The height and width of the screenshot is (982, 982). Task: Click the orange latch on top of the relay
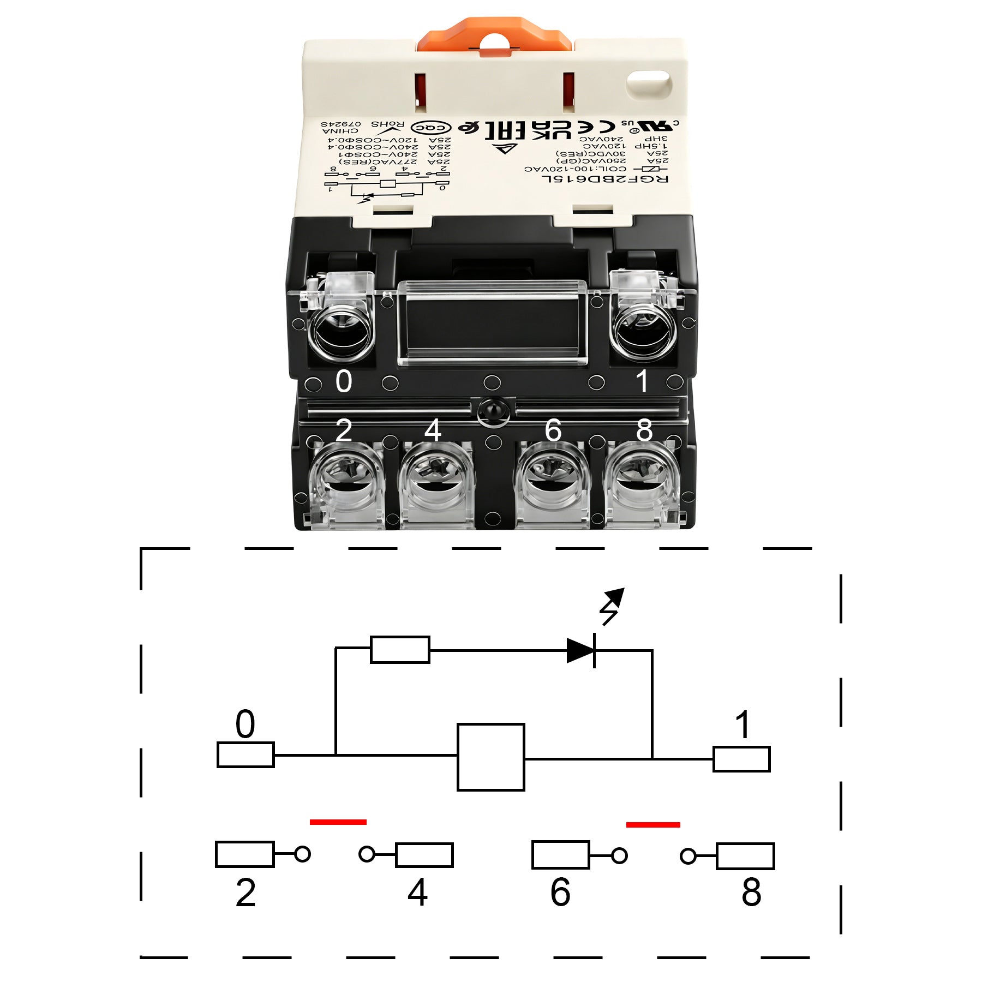click(494, 35)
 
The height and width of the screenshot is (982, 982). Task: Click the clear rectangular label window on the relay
click(493, 322)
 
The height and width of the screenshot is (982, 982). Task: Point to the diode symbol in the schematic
click(581, 650)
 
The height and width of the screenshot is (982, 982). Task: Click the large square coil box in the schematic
click(490, 757)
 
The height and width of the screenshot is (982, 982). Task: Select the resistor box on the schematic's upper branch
click(400, 649)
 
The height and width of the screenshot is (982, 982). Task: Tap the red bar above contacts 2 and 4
click(338, 822)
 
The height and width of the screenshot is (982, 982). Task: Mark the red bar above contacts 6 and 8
click(653, 824)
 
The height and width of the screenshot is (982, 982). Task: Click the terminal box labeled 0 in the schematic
click(245, 755)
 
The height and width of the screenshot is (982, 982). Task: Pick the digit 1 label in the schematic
click(743, 725)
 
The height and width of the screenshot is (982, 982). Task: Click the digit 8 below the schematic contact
click(751, 893)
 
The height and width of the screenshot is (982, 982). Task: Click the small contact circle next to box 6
click(619, 855)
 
